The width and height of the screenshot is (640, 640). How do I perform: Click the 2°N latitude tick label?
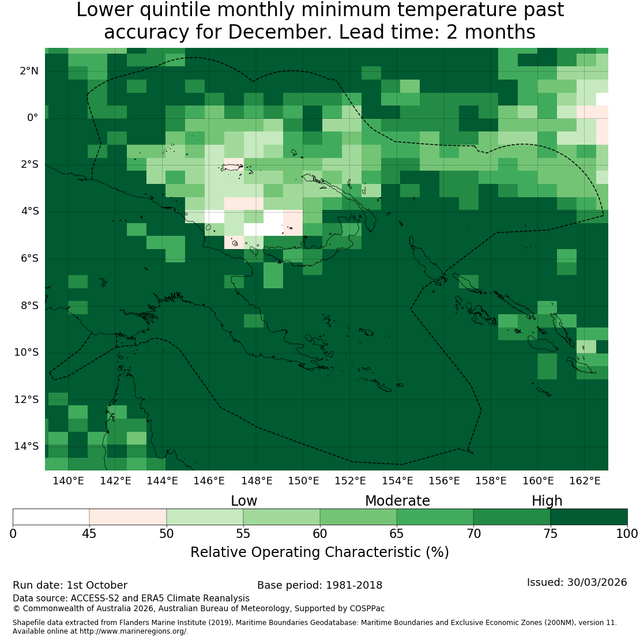coord(29,71)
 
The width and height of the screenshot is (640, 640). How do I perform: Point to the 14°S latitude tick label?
coord(27,446)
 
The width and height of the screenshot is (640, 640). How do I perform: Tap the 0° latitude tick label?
coord(33,118)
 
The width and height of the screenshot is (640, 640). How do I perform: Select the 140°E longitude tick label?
coord(68,481)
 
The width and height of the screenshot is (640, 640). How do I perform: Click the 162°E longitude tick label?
coord(585,481)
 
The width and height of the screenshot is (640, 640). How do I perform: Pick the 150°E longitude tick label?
coord(303,481)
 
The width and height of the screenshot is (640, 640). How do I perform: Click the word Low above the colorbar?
coord(244,501)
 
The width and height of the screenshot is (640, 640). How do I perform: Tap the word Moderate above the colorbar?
coord(397,501)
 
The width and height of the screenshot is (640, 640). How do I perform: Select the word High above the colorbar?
coord(547,501)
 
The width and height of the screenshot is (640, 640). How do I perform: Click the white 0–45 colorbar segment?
coord(51,517)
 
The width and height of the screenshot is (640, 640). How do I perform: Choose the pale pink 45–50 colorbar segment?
coord(128,517)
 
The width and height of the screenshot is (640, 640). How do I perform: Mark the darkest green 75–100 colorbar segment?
coord(589,517)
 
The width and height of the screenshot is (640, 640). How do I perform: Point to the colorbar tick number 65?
coord(396,534)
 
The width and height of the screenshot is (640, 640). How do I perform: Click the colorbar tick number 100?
coord(627,534)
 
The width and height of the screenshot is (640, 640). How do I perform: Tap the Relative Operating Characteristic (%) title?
coord(319,552)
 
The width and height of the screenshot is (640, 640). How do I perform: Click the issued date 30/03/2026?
coord(597,582)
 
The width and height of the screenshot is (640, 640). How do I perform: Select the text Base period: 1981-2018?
coord(319,585)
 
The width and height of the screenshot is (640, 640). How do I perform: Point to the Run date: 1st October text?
coord(70,585)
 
